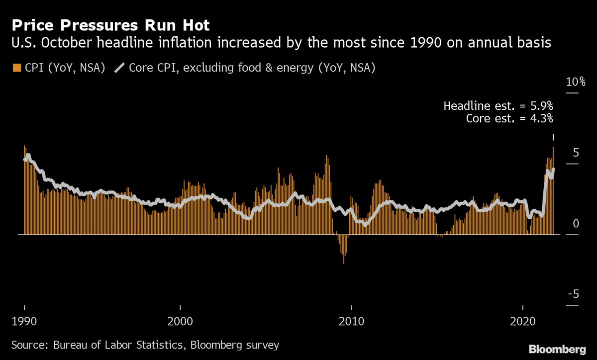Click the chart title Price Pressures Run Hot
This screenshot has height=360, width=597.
pos(111,24)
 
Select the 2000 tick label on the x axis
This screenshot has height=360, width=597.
pos(181,321)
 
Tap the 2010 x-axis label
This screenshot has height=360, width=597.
pos(352,321)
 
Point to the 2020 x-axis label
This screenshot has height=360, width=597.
pos(523,321)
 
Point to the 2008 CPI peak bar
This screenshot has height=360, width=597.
pos(327,194)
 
